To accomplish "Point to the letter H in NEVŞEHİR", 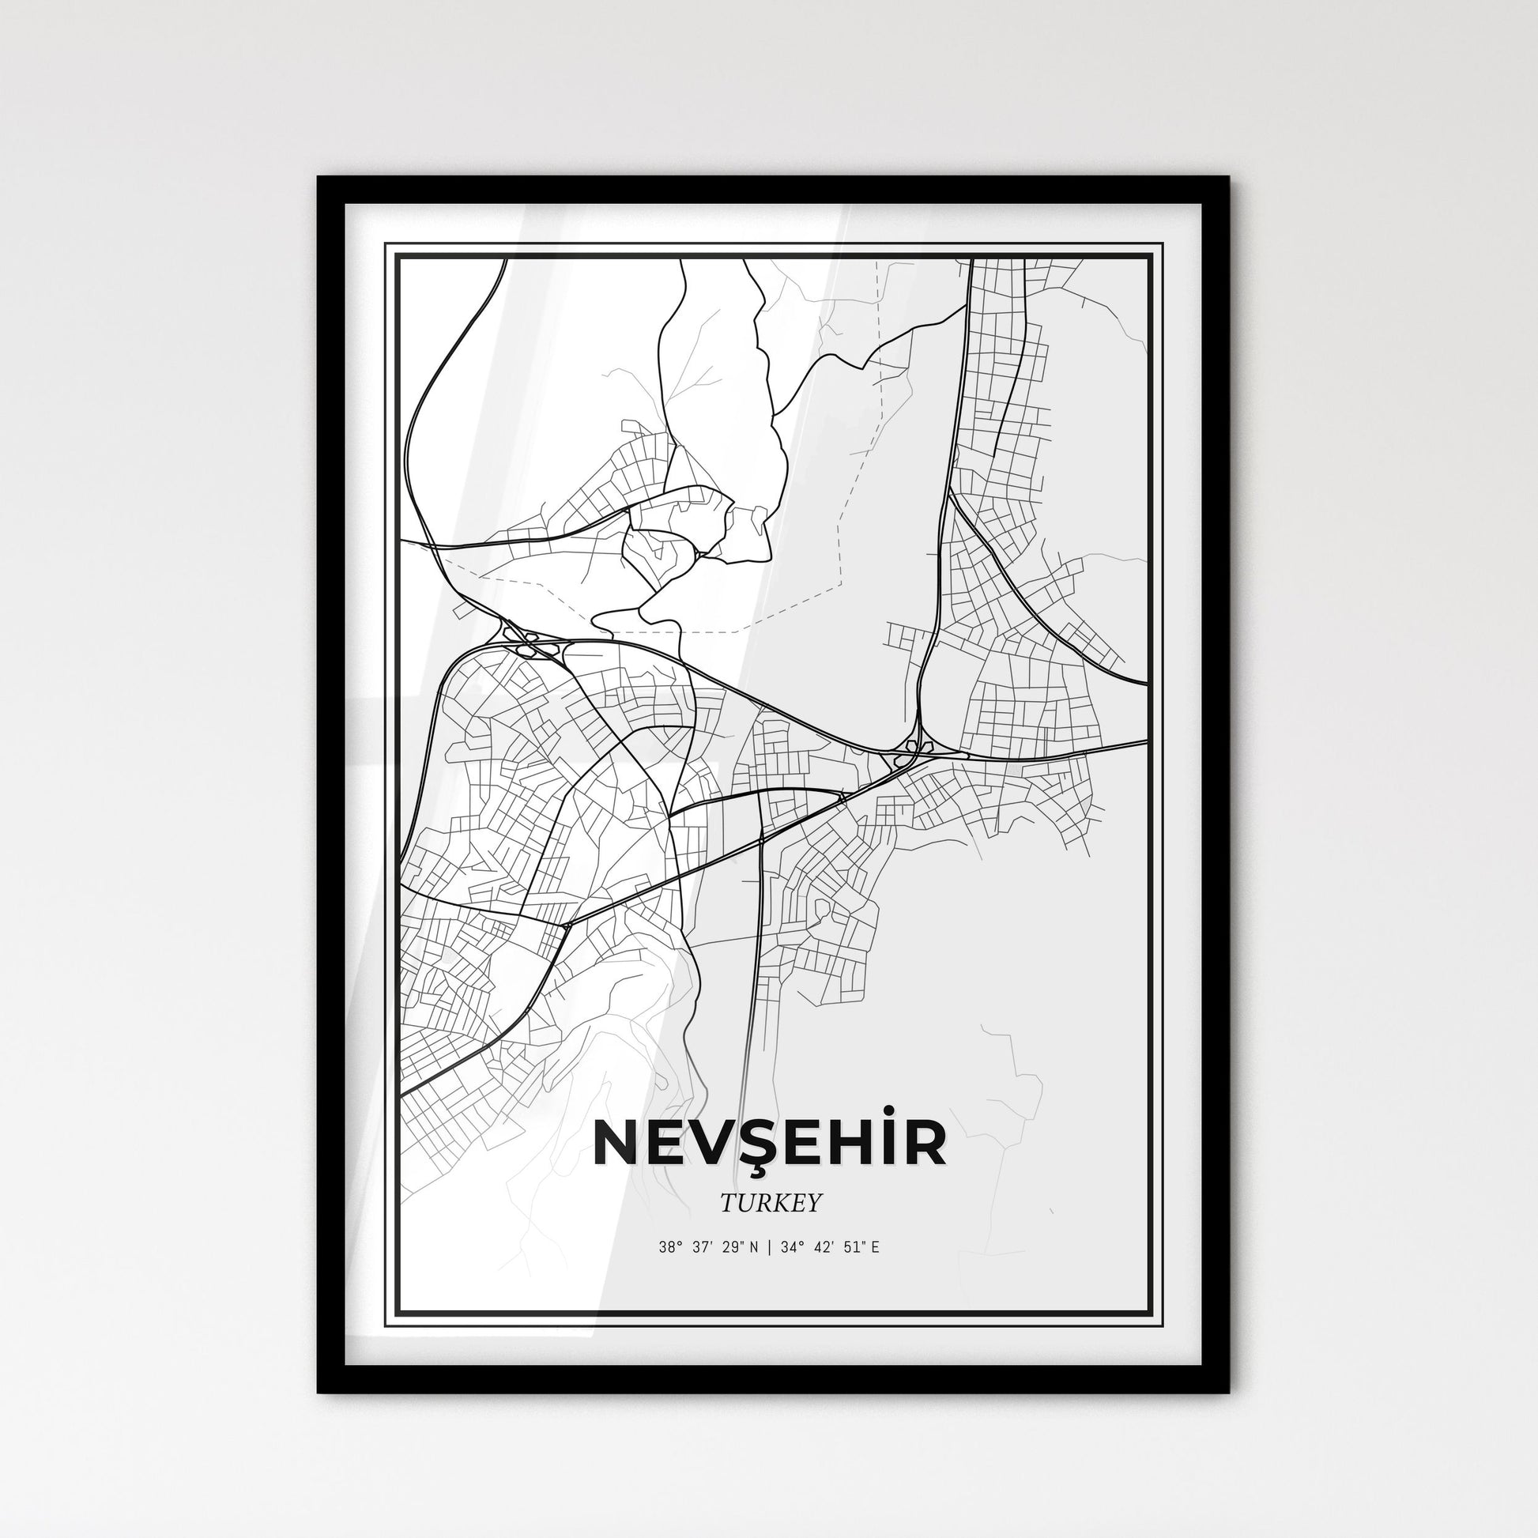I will pos(850,1144).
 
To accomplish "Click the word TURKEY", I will pos(770,1204).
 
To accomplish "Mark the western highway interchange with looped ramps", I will pos(530,643).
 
